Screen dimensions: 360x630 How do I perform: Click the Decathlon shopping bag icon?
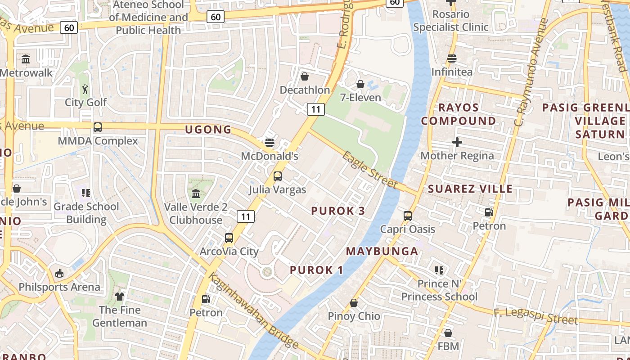(x=305, y=76)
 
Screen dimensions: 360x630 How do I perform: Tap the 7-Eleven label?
(x=360, y=98)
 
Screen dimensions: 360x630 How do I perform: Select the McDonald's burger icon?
(x=270, y=143)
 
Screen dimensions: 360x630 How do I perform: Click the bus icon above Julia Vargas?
(x=278, y=176)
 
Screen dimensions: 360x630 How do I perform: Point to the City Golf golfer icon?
(x=85, y=89)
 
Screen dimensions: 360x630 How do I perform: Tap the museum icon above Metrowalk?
(x=26, y=59)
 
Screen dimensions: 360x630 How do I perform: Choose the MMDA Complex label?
(x=98, y=141)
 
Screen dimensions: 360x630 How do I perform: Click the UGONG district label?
(x=208, y=130)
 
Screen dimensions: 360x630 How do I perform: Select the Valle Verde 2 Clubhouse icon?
(x=196, y=193)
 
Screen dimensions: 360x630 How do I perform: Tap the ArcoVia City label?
(x=229, y=251)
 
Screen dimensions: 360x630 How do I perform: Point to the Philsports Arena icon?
(x=59, y=273)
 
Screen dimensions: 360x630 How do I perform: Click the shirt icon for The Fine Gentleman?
(x=120, y=296)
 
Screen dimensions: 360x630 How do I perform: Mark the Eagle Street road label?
(x=370, y=170)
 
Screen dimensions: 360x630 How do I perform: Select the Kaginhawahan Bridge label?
(x=253, y=311)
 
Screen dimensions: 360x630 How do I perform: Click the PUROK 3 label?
(x=338, y=211)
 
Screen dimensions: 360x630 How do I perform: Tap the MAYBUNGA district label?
(x=382, y=252)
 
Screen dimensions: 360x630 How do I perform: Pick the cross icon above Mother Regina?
(x=457, y=142)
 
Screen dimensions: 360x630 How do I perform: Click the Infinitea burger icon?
(x=452, y=58)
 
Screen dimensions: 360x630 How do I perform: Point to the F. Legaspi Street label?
(x=535, y=316)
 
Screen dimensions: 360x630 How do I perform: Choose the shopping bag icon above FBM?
(x=448, y=333)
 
